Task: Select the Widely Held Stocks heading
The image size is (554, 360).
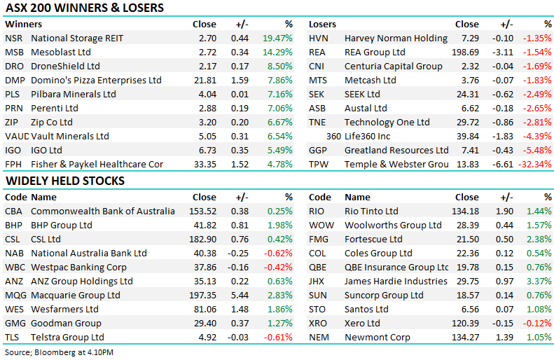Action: click(x=64, y=181)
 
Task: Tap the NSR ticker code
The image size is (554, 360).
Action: click(x=14, y=39)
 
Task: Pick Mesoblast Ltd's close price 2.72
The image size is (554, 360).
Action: click(x=204, y=53)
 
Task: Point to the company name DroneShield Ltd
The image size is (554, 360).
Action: click(x=67, y=67)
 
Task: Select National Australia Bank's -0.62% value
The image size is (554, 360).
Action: click(x=278, y=254)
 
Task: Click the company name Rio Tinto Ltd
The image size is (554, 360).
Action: click(x=371, y=212)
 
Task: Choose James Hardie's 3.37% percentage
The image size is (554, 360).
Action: click(x=537, y=282)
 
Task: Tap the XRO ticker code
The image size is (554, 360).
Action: click(x=319, y=324)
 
